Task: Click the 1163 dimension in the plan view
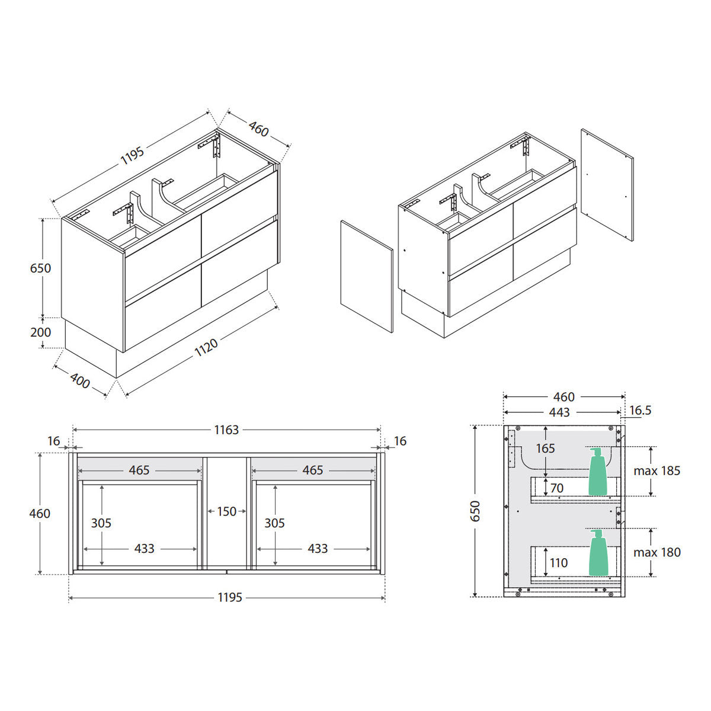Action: pyautogui.click(x=226, y=430)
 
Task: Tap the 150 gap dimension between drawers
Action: pyautogui.click(x=226, y=511)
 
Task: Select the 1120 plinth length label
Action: pyautogui.click(x=206, y=347)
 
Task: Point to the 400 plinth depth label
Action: pyautogui.click(x=80, y=381)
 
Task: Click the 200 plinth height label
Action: pyautogui.click(x=41, y=332)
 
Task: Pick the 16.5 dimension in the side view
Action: pyautogui.click(x=640, y=410)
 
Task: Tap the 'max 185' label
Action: pyautogui.click(x=656, y=471)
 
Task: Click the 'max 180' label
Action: pyautogui.click(x=656, y=552)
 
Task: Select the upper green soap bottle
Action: pyautogui.click(x=598, y=472)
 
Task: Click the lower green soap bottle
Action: pyautogui.click(x=598, y=553)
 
